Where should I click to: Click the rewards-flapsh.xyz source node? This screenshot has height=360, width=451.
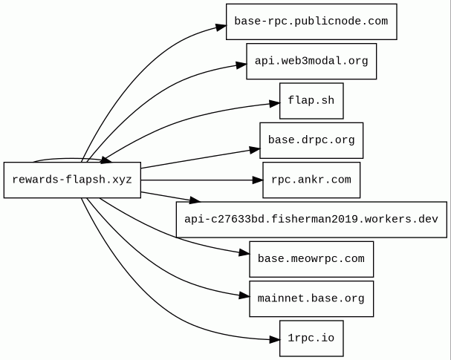[x=72, y=180]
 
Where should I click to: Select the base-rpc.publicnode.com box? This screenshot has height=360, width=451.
[x=311, y=22]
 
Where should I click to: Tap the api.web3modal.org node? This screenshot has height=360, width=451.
[x=311, y=61]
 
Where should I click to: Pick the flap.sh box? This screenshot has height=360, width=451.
[x=311, y=101]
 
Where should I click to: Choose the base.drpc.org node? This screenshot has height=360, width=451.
[x=311, y=140]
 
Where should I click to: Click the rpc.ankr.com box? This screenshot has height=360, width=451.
[x=311, y=180]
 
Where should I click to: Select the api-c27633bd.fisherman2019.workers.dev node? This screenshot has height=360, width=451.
[x=311, y=220]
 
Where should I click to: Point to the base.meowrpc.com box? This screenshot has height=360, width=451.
[x=311, y=259]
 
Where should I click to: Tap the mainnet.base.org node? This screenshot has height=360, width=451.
[x=311, y=299]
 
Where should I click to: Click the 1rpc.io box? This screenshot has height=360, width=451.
[x=311, y=338]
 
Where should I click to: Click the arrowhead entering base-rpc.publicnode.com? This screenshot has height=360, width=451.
[x=221, y=27]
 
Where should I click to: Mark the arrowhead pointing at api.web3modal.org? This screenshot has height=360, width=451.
[x=241, y=65]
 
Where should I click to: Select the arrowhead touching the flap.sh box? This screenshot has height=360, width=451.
[x=275, y=103]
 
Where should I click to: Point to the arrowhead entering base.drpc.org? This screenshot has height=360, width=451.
[x=255, y=150]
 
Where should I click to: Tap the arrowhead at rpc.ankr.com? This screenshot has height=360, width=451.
[x=258, y=180]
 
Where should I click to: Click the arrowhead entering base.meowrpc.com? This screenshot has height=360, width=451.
[x=244, y=253]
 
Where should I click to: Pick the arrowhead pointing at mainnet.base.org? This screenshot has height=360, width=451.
[x=244, y=295]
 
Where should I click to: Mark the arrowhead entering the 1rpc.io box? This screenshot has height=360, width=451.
[x=275, y=340]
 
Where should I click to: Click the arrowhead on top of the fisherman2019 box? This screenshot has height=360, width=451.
[x=195, y=200]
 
